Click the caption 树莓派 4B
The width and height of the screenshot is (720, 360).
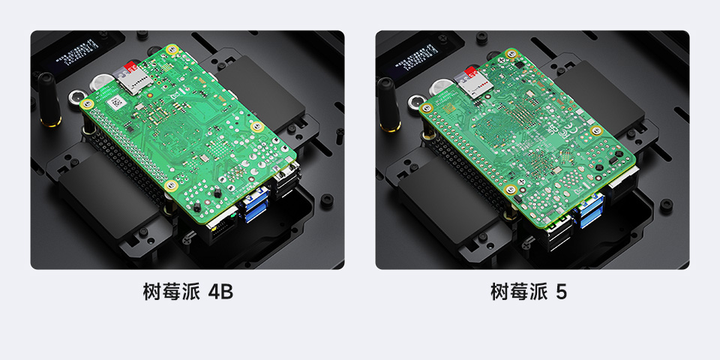click(187, 292)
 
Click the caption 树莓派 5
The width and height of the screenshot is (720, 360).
click(529, 292)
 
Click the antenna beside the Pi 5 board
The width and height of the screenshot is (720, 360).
click(387, 103)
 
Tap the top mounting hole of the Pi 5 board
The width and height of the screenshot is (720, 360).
click(513, 54)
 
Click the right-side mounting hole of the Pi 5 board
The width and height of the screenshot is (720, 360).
click(598, 130)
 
